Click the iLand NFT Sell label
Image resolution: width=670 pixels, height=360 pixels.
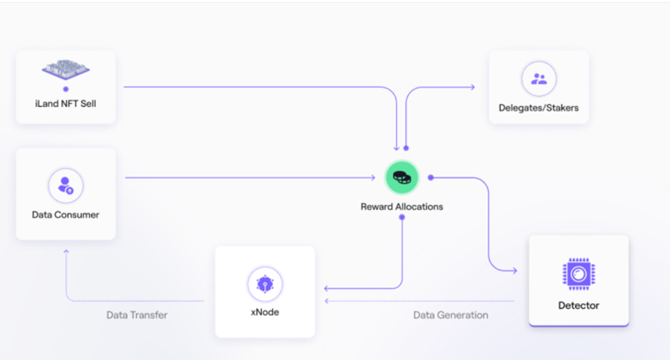(x=66, y=103)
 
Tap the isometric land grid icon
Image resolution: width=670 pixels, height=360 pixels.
(x=66, y=69)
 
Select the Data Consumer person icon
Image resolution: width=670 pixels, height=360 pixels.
(x=66, y=186)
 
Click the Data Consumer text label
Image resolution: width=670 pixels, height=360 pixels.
(x=66, y=215)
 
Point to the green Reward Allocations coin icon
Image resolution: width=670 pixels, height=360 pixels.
(x=401, y=177)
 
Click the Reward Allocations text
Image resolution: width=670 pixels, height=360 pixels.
(x=401, y=206)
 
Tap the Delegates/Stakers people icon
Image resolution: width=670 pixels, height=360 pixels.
(x=539, y=78)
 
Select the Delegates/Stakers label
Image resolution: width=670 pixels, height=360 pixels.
(x=539, y=108)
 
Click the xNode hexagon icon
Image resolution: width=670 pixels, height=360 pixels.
(x=265, y=284)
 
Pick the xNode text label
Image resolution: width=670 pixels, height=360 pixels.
(x=265, y=312)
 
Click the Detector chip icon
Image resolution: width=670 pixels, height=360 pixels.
(x=579, y=274)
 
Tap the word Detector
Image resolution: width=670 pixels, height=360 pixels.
(x=579, y=305)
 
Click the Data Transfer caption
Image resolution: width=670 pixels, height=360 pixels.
(x=137, y=315)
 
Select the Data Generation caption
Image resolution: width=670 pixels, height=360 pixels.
(x=450, y=315)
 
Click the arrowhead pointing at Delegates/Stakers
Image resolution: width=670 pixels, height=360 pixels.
(x=472, y=87)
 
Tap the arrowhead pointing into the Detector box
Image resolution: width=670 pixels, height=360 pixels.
(x=515, y=271)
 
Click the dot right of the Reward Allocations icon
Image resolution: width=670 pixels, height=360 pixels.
(x=431, y=178)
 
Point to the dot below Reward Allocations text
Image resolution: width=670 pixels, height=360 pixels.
(x=401, y=217)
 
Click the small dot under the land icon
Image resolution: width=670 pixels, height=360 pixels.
(x=66, y=89)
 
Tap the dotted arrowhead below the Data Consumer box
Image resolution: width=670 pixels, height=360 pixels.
(x=66, y=252)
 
